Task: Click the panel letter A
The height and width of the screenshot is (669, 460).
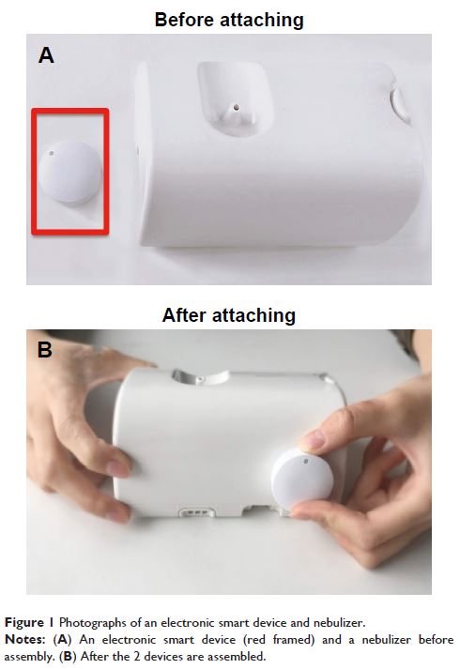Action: tap(46, 55)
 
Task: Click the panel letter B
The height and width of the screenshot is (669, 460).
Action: tap(45, 350)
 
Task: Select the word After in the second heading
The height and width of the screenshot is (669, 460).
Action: tap(185, 315)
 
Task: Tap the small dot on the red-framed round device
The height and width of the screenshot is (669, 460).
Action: tap(52, 153)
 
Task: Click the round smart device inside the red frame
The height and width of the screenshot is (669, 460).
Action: tap(69, 172)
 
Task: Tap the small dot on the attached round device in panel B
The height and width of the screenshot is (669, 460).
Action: tap(306, 461)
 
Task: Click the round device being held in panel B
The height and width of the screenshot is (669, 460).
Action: tap(302, 479)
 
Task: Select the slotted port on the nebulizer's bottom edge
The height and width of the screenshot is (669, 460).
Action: tap(197, 511)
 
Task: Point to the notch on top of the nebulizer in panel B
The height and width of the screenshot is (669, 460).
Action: tap(201, 377)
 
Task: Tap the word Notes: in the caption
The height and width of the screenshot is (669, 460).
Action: tap(24, 640)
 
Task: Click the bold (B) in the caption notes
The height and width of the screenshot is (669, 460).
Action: tap(69, 656)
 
